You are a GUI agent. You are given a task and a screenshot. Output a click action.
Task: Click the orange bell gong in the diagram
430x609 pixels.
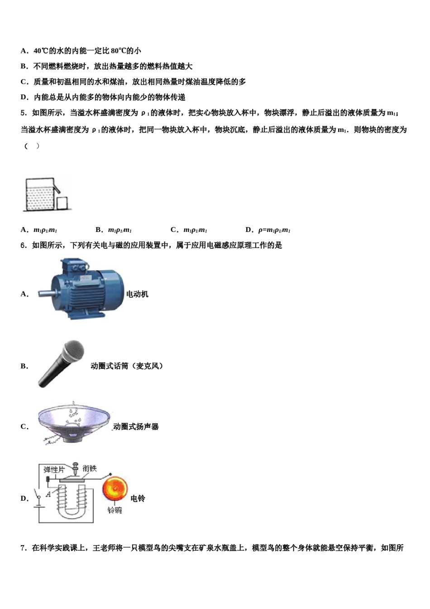click(x=115, y=488)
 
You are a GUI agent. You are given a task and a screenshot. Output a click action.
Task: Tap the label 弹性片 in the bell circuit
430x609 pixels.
click(x=54, y=469)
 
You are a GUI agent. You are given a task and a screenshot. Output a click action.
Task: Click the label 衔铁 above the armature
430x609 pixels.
click(x=90, y=468)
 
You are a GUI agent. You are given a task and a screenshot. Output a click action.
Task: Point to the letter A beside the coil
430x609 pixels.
click(x=48, y=494)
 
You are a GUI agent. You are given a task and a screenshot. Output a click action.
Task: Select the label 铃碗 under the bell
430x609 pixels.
click(x=115, y=511)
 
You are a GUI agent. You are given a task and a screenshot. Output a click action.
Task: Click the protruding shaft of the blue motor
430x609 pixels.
click(x=44, y=293)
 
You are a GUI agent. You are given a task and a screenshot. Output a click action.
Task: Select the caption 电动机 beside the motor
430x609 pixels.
click(x=137, y=294)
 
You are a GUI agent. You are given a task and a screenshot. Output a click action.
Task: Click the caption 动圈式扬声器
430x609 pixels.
click(x=136, y=426)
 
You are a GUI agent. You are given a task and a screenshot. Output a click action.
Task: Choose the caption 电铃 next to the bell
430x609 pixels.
click(x=138, y=498)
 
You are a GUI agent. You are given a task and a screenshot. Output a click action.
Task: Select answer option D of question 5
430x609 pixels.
click(x=268, y=230)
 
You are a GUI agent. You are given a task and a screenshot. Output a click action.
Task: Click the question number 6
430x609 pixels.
click(x=24, y=245)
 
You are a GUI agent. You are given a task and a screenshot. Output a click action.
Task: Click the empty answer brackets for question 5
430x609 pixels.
click(x=32, y=146)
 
